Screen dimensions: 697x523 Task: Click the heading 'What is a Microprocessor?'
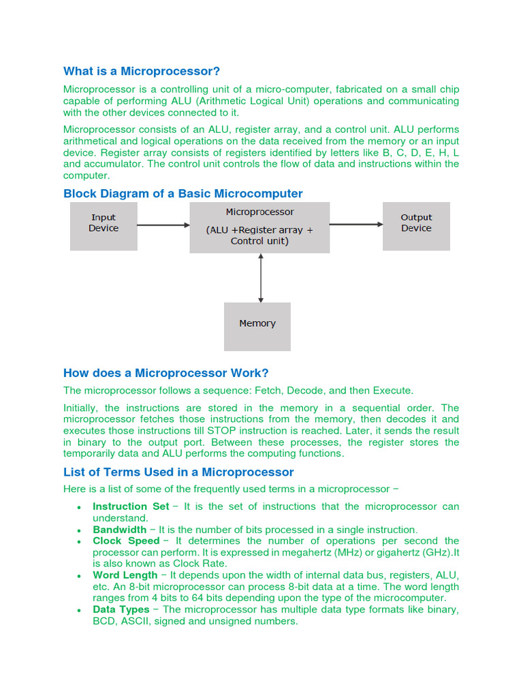click(x=142, y=71)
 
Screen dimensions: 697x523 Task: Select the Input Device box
click(x=104, y=226)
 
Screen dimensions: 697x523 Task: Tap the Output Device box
click(x=416, y=226)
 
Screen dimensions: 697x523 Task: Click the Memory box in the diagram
click(x=257, y=326)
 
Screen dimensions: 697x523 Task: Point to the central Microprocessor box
click(x=259, y=227)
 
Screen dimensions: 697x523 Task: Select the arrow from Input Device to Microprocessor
click(x=163, y=225)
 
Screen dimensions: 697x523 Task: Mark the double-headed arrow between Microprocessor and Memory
click(x=260, y=278)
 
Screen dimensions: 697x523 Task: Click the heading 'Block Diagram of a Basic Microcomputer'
click(x=183, y=193)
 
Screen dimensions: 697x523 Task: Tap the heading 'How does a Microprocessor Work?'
click(x=165, y=373)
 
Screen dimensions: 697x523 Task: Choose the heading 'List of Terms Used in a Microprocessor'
click(x=178, y=472)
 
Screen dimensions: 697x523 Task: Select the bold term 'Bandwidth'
click(x=119, y=530)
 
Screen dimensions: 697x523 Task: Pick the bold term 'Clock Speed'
click(x=126, y=541)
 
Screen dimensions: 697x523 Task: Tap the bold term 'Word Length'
click(x=125, y=575)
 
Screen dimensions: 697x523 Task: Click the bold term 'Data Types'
click(x=121, y=610)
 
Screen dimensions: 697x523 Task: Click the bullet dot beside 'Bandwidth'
click(x=80, y=530)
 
